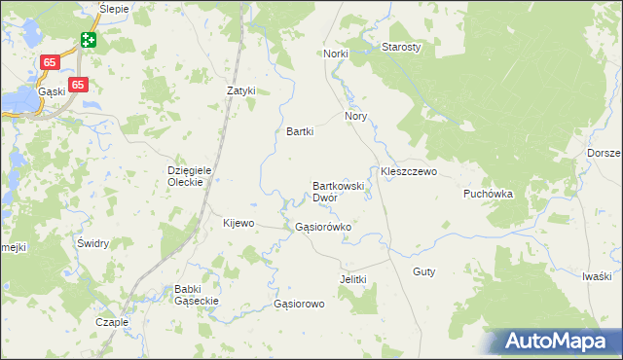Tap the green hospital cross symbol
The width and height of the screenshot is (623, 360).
89,40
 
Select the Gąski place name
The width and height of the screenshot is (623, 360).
52,90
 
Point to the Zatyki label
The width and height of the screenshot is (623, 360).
240,90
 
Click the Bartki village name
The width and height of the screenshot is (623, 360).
300,131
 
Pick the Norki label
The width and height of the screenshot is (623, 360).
336,54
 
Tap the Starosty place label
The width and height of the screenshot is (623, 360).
401,47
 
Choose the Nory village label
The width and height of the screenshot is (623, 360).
355,115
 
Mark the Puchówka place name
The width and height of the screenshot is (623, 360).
488,194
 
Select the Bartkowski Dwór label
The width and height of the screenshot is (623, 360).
338,191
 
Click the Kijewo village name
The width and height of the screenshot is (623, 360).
238,223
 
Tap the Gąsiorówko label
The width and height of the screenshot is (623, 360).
322,227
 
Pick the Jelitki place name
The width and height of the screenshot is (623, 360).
352,279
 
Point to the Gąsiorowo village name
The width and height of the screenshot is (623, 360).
299,304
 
